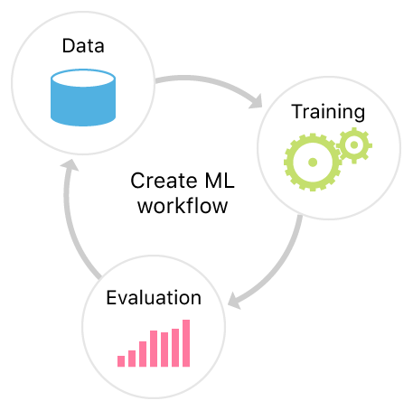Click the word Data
[x=83, y=46]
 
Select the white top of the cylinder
[x=83, y=79]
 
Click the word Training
[x=328, y=112]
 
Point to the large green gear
[x=313, y=163]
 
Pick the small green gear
[x=354, y=145]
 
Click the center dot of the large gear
[x=313, y=163]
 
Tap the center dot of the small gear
[x=354, y=145]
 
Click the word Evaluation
[x=154, y=298]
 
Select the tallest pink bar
[x=186, y=343]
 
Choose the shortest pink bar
[x=121, y=361]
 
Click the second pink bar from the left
[x=132, y=359]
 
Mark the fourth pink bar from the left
[x=154, y=349]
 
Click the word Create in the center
[x=164, y=181]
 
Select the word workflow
[x=183, y=206]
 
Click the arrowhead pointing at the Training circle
[x=257, y=101]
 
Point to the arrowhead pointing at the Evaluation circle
[x=234, y=301]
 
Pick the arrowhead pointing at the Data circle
[x=70, y=165]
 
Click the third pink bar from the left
[x=143, y=354]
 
